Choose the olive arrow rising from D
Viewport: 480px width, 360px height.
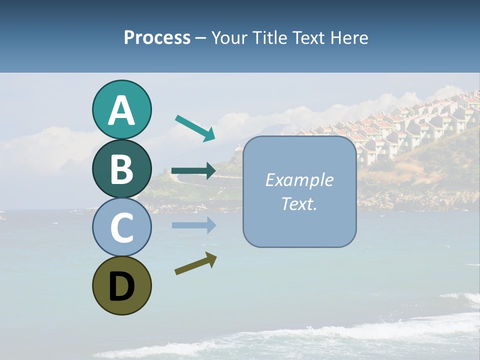coord(195,263)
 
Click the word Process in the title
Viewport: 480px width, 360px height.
coord(157,37)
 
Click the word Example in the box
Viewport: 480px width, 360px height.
coord(299,180)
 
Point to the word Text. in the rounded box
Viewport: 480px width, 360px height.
coord(299,203)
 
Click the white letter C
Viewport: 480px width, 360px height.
coord(121,227)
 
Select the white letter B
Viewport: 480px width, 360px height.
coord(121,169)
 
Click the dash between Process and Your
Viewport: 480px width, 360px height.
coord(201,38)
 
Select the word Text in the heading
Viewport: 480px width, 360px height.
coord(308,37)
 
